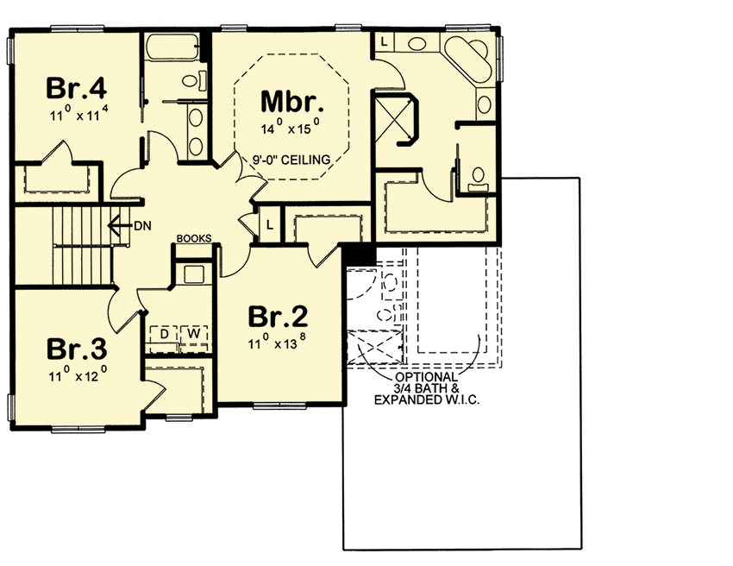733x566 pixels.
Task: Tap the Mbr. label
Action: coord(292,104)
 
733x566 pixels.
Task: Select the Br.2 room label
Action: coord(278,317)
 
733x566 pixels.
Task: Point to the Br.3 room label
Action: coord(76,349)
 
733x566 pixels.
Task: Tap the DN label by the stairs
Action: coord(143,226)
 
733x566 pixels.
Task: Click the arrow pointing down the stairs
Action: coord(118,226)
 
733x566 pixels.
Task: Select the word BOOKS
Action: coord(193,239)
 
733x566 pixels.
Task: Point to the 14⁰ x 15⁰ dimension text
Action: coord(291,129)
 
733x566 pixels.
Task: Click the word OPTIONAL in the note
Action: coord(426,378)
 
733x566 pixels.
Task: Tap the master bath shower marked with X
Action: coord(393,120)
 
